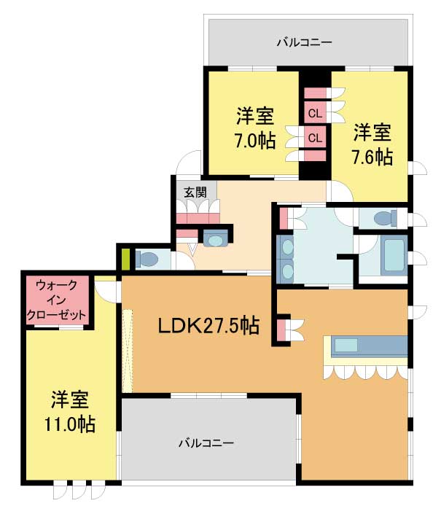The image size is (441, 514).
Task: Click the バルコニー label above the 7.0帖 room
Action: click(x=304, y=42)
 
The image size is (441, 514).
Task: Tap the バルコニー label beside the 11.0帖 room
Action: click(x=207, y=443)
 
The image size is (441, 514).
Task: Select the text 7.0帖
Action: click(x=254, y=141)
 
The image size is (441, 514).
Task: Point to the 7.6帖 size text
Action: click(x=373, y=156)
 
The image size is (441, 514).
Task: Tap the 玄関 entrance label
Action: click(x=195, y=192)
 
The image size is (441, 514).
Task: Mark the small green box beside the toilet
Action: click(x=125, y=259)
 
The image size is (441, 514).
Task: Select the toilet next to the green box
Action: click(x=149, y=259)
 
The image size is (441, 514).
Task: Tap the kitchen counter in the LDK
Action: click(x=369, y=346)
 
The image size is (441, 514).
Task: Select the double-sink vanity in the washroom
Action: click(x=286, y=258)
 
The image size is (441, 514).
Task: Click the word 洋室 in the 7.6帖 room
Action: click(x=373, y=133)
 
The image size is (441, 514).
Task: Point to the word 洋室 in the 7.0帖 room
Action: click(x=254, y=117)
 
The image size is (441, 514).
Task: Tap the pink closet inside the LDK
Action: click(x=282, y=329)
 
